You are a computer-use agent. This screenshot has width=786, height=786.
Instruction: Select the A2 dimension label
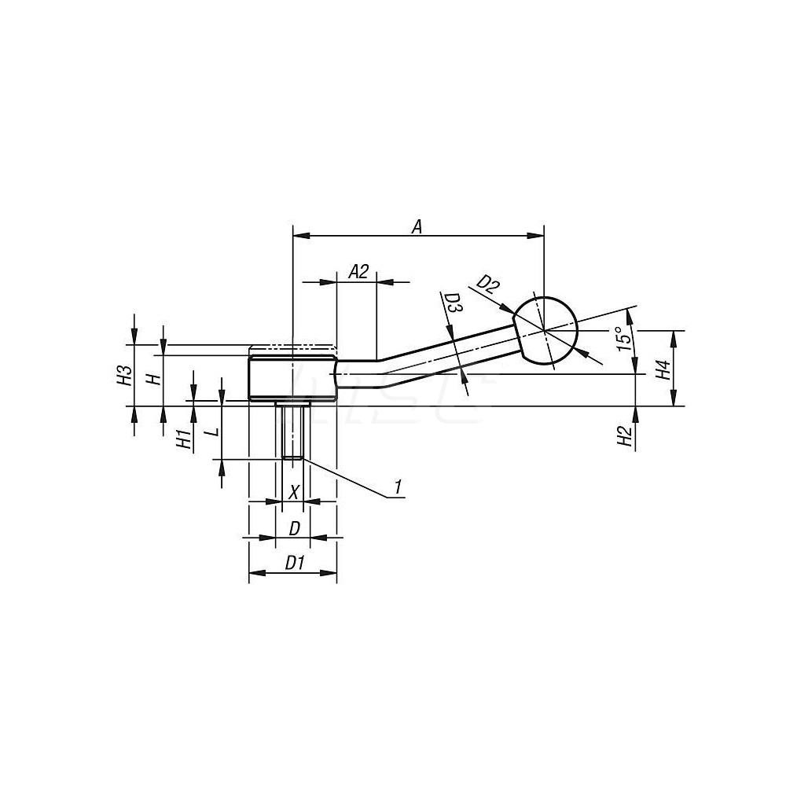(358, 272)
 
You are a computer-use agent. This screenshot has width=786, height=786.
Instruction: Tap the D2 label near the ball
(488, 284)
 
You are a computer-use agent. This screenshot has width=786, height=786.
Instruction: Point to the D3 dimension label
(452, 304)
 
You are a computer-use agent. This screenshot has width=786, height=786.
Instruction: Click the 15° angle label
(623, 337)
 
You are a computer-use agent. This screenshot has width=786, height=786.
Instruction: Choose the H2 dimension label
(625, 436)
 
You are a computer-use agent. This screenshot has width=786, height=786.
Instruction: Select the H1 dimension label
(183, 439)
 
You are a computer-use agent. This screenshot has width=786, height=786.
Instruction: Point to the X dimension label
(294, 492)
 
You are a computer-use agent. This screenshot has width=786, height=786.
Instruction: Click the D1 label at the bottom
(294, 563)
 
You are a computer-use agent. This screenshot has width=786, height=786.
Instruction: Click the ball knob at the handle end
(545, 329)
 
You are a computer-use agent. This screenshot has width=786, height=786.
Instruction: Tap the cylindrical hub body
(292, 379)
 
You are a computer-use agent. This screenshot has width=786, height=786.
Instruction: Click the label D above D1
(293, 528)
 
